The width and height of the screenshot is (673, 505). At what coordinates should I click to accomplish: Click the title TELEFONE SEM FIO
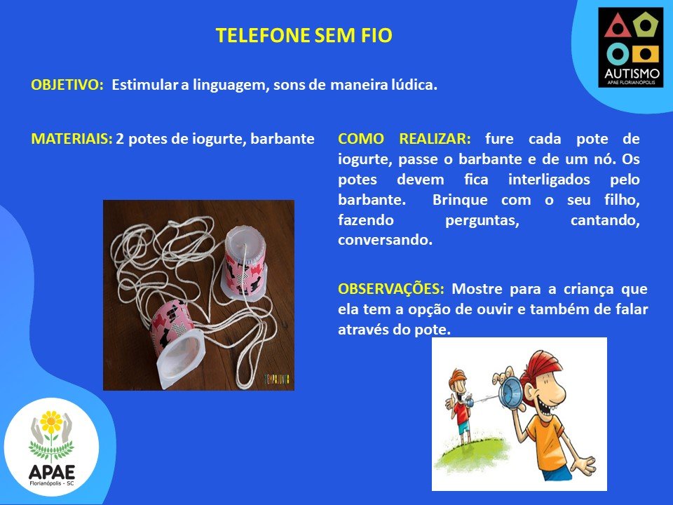pyautogui.click(x=304, y=35)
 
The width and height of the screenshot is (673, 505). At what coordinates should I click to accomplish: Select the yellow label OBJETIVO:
pyautogui.click(x=67, y=85)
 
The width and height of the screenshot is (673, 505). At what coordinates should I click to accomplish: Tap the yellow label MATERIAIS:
pyautogui.click(x=72, y=139)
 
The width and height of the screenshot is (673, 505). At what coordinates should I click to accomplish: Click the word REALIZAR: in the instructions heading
pyautogui.click(x=435, y=139)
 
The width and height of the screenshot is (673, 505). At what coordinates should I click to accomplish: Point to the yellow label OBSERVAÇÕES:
pyautogui.click(x=391, y=288)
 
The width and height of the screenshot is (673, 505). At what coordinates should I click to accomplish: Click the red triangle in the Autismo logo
pyautogui.click(x=617, y=27)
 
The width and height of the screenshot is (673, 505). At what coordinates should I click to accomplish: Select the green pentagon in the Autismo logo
pyautogui.click(x=645, y=25)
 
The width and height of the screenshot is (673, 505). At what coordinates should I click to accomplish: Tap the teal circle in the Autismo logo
pyautogui.click(x=618, y=54)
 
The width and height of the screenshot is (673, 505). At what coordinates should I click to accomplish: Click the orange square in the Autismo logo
pyautogui.click(x=645, y=54)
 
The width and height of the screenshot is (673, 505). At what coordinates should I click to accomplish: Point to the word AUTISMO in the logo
pyautogui.click(x=632, y=74)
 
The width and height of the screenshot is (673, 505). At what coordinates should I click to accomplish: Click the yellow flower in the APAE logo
pyautogui.click(x=51, y=422)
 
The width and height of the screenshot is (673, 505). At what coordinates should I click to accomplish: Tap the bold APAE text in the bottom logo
pyautogui.click(x=51, y=472)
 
